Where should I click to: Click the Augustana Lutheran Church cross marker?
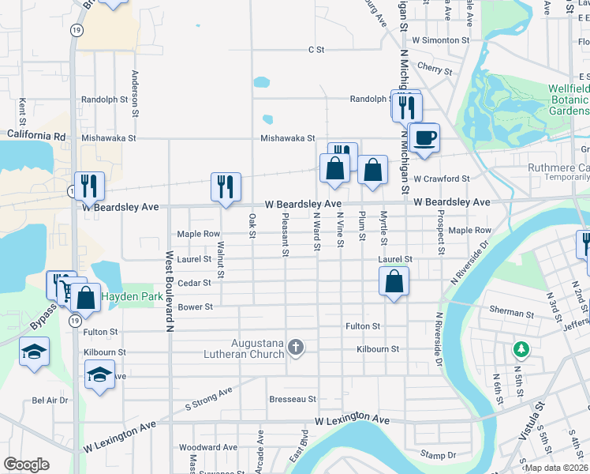point(296,348)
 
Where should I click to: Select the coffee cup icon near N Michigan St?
point(424,137)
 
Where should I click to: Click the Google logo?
point(26,465)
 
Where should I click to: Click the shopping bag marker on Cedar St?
point(394,281)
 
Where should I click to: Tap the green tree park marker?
point(520,348)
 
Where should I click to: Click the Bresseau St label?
point(293,400)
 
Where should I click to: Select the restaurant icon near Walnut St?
point(226,186)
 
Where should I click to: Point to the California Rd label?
point(37,136)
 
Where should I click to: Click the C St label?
point(316,50)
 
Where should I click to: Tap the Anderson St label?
point(135,92)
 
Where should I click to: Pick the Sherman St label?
point(513,313)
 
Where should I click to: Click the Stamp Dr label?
point(439,455)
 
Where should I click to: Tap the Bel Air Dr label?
point(50,401)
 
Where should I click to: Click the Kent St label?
point(22,112)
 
